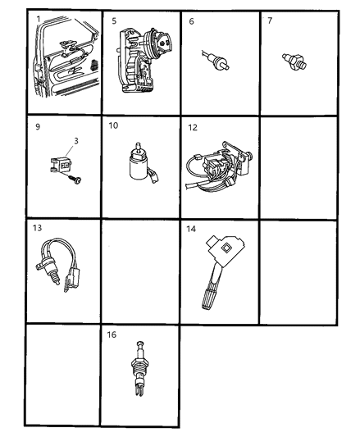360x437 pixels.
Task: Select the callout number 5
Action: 114,20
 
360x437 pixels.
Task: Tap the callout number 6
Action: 191,20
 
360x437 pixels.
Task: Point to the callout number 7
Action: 271,20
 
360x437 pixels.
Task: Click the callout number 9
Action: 37,127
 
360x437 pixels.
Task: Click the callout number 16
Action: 114,335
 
